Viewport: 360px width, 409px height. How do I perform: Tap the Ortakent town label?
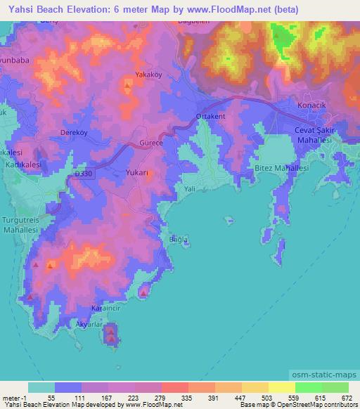coord(210,117)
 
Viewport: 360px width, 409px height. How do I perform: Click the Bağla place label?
coord(179,240)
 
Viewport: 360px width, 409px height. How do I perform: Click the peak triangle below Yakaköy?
coord(127,86)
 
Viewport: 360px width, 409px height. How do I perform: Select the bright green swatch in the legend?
coord(308,387)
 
